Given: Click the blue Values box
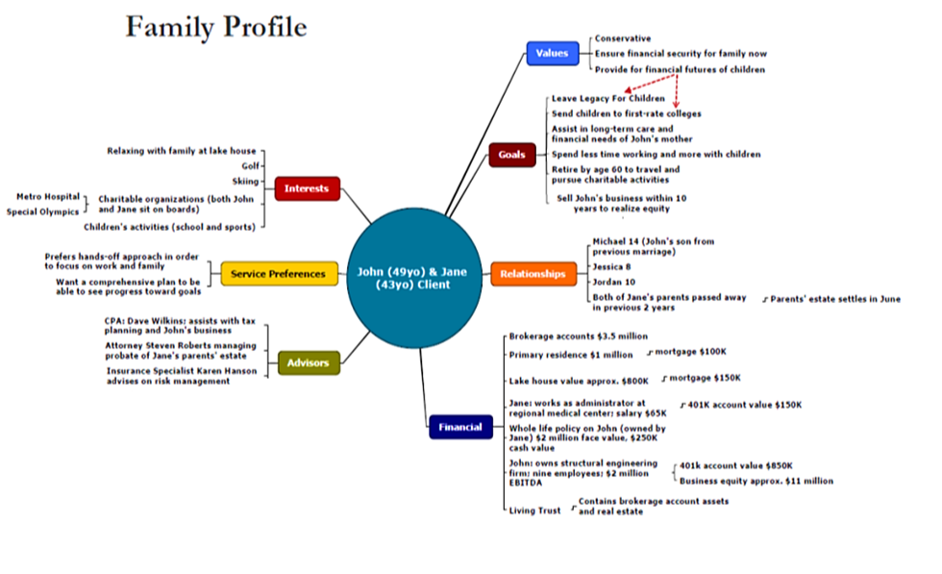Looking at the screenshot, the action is (x=553, y=53).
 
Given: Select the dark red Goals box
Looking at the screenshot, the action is (x=511, y=155).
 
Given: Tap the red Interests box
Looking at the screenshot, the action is (x=307, y=188).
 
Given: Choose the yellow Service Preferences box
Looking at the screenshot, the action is (x=279, y=273).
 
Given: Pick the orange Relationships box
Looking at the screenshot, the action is (x=533, y=273).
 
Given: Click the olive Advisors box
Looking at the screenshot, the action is (x=309, y=362).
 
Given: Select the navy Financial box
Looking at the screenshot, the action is (x=460, y=427).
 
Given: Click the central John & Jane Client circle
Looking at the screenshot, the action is (x=414, y=278).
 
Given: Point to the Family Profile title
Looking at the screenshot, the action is (x=216, y=27).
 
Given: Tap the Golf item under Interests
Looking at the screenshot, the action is (x=251, y=166).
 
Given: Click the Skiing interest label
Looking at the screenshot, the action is (x=246, y=181).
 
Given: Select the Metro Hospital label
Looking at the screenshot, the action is (x=48, y=196).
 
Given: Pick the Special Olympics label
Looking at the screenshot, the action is (x=42, y=212).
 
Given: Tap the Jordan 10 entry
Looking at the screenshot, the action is (x=613, y=282).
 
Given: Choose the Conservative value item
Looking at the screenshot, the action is (x=623, y=38).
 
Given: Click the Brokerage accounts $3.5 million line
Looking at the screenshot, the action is (x=579, y=336).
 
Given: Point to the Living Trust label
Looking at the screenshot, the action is (x=534, y=511).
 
